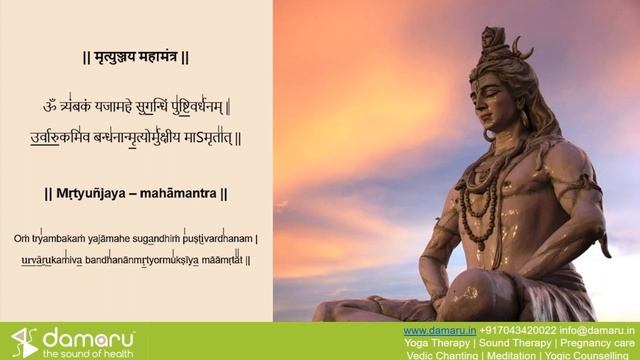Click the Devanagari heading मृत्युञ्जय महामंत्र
coord(135,58)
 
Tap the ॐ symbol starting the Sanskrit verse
coord(51,107)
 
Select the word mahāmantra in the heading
coord(181,193)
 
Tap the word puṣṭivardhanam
coord(220,239)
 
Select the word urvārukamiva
coord(56,260)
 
